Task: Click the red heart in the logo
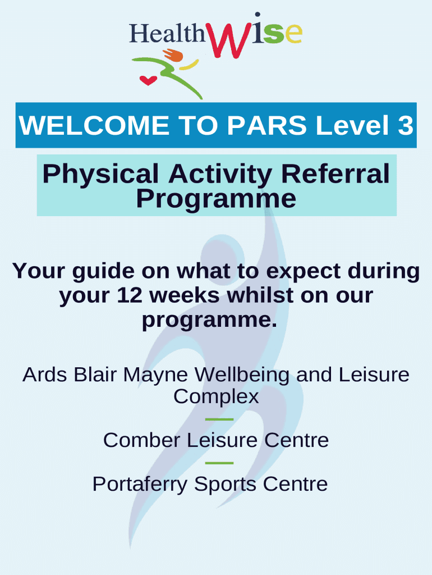[x=148, y=80]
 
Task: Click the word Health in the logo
[x=167, y=33]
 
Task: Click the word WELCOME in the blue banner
[x=94, y=125]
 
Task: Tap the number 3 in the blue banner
[x=405, y=125]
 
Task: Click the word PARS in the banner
[x=266, y=125]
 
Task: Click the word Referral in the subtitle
[x=336, y=174]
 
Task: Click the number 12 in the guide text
[x=130, y=295]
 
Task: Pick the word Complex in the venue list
[x=216, y=397]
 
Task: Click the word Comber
[x=141, y=440]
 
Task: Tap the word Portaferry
[x=140, y=485]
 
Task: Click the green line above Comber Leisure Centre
[x=219, y=419]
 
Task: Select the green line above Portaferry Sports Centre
[x=219, y=463]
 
